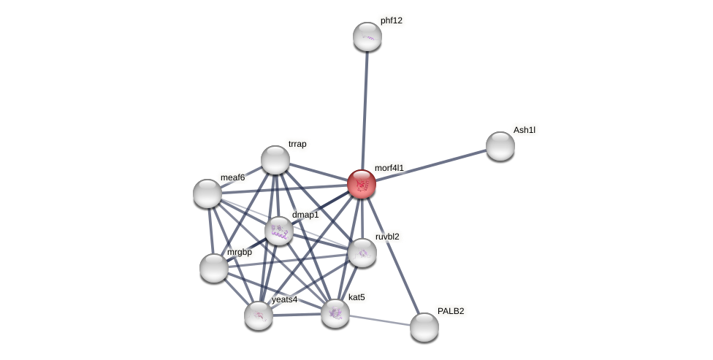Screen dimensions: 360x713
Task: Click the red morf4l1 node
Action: point(362,184)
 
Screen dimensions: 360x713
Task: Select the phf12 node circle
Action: point(367,37)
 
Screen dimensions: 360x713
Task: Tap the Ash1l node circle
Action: point(500,146)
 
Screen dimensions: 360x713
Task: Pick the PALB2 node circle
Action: point(424,327)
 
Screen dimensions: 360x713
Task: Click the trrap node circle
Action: point(275,160)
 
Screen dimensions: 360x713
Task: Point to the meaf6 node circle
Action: point(207,194)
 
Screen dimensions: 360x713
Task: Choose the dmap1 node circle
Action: point(279,231)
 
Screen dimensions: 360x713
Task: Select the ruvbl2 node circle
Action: point(362,253)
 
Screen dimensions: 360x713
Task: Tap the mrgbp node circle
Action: point(214,268)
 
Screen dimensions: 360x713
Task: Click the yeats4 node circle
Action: point(259,315)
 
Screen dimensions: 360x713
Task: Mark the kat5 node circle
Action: point(335,313)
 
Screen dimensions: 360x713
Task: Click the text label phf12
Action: point(392,20)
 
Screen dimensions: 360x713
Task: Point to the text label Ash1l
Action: point(524,130)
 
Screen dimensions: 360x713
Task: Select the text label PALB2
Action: point(451,311)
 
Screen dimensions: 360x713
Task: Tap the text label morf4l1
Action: point(389,168)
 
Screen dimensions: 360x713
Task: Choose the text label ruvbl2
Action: point(387,237)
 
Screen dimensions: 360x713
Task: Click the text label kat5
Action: point(356,297)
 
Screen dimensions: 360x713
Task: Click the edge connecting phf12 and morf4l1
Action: point(365,110)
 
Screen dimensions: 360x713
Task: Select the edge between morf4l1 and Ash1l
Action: point(431,165)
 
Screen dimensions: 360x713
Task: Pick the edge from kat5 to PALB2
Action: point(380,321)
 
